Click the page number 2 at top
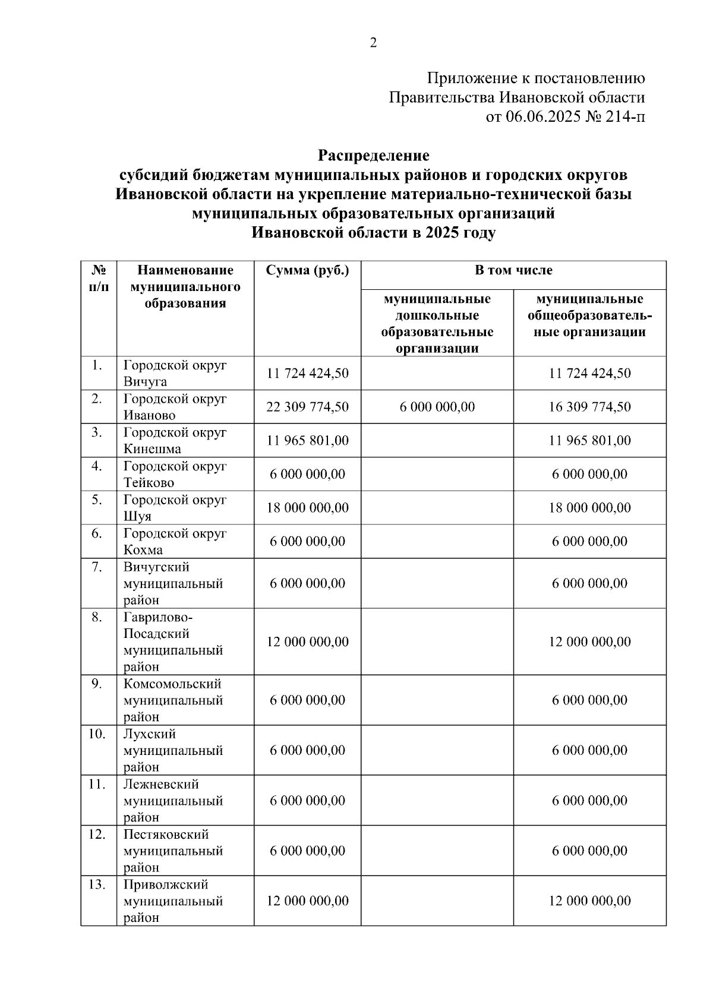pos(373,43)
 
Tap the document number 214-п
pos(624,117)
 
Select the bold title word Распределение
pos(373,156)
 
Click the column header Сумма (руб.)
pos(307,271)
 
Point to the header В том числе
pos(513,271)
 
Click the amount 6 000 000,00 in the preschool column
pos(437,407)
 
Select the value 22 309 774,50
pos(307,407)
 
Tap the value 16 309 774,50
pos(589,407)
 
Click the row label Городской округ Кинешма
pos(175,441)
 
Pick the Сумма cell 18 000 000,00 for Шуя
pos(307,508)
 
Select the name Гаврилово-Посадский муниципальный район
pos(173,642)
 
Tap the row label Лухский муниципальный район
pos(173,750)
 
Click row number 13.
pos(97,884)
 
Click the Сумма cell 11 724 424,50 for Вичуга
pos(307,374)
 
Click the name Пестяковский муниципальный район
pos(173,851)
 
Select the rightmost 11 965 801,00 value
pos(589,441)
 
